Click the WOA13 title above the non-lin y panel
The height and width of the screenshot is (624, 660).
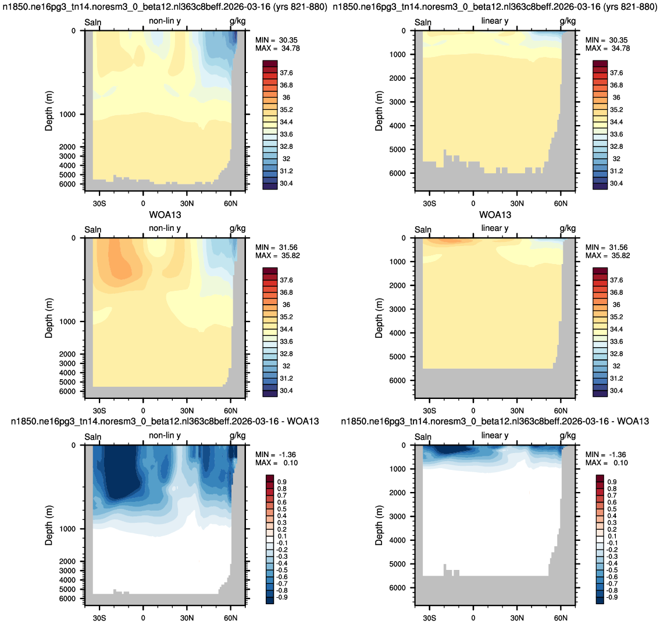165,215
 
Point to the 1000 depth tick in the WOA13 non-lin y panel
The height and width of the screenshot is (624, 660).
67,322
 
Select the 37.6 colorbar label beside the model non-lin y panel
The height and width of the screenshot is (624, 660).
286,73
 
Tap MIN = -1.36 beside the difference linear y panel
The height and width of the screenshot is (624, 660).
605,455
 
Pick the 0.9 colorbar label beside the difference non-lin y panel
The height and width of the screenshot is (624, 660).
282,482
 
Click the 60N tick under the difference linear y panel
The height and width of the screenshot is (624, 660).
561,618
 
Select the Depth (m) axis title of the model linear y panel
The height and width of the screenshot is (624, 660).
379,110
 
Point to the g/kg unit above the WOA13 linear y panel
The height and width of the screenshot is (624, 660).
568,228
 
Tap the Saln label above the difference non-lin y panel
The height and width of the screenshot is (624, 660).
92,437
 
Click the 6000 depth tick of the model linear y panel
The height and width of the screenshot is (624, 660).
397,173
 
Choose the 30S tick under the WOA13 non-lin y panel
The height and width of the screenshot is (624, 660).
99,411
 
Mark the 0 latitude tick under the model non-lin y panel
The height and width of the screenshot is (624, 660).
143,204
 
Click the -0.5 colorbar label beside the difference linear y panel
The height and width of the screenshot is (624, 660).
612,570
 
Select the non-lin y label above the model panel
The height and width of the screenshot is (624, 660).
165,21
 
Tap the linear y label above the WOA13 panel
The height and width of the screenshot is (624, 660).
495,228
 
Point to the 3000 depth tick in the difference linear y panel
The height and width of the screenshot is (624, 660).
397,516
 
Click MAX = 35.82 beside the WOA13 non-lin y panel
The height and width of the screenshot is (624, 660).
277,255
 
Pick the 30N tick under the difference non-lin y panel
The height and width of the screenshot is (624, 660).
187,618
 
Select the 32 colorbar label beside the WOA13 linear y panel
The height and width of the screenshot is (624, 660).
616,366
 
